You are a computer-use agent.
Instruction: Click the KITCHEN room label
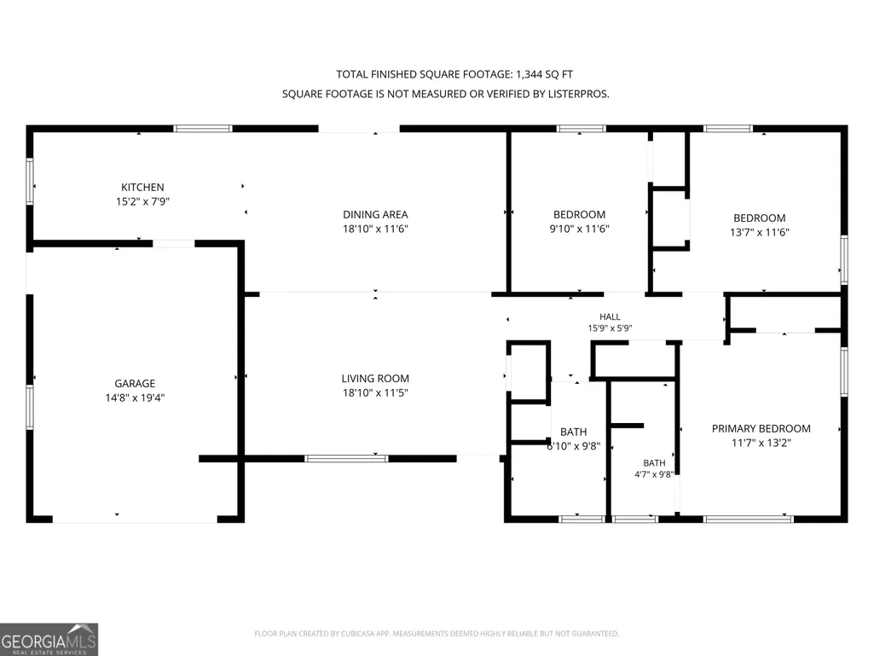tap(142, 188)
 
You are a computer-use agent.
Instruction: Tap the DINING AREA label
tap(375, 215)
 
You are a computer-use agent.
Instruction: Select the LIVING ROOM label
tap(375, 379)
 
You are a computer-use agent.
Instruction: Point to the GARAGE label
tap(135, 384)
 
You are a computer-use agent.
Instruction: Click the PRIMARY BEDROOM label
tap(761, 429)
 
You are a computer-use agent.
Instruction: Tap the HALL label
tap(610, 316)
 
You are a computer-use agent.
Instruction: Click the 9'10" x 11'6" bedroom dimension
tap(579, 229)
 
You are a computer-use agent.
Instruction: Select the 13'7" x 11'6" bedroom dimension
tap(759, 232)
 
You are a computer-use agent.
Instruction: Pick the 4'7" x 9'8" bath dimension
tap(654, 474)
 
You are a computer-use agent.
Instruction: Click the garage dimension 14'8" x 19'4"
tap(135, 398)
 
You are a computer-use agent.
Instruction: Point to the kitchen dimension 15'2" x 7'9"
tap(142, 201)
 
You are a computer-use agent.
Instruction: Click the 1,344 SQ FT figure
tap(544, 74)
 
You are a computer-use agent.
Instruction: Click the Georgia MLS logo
tap(49, 639)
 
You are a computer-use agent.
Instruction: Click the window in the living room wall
tap(346, 459)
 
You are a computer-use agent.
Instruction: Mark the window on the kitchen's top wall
tap(203, 129)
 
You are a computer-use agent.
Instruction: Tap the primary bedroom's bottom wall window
tap(748, 520)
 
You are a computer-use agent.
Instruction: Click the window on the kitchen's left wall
tap(30, 181)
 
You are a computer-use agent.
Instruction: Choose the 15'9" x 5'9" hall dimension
tap(610, 328)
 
